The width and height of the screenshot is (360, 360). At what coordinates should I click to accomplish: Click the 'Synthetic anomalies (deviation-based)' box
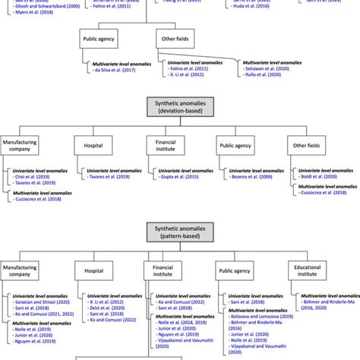pyautogui.click(x=180, y=104)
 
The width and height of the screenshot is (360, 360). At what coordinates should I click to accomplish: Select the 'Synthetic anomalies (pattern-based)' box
pyautogui.click(x=180, y=232)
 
